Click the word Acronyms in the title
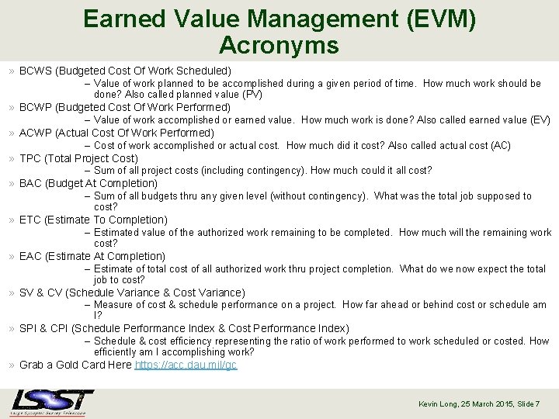click(x=279, y=45)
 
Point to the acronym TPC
click(x=30, y=158)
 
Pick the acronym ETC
click(x=30, y=220)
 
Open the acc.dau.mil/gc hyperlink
click(x=186, y=365)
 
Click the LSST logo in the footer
click(x=52, y=402)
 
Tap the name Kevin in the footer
click(x=428, y=404)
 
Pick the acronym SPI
click(x=29, y=328)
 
